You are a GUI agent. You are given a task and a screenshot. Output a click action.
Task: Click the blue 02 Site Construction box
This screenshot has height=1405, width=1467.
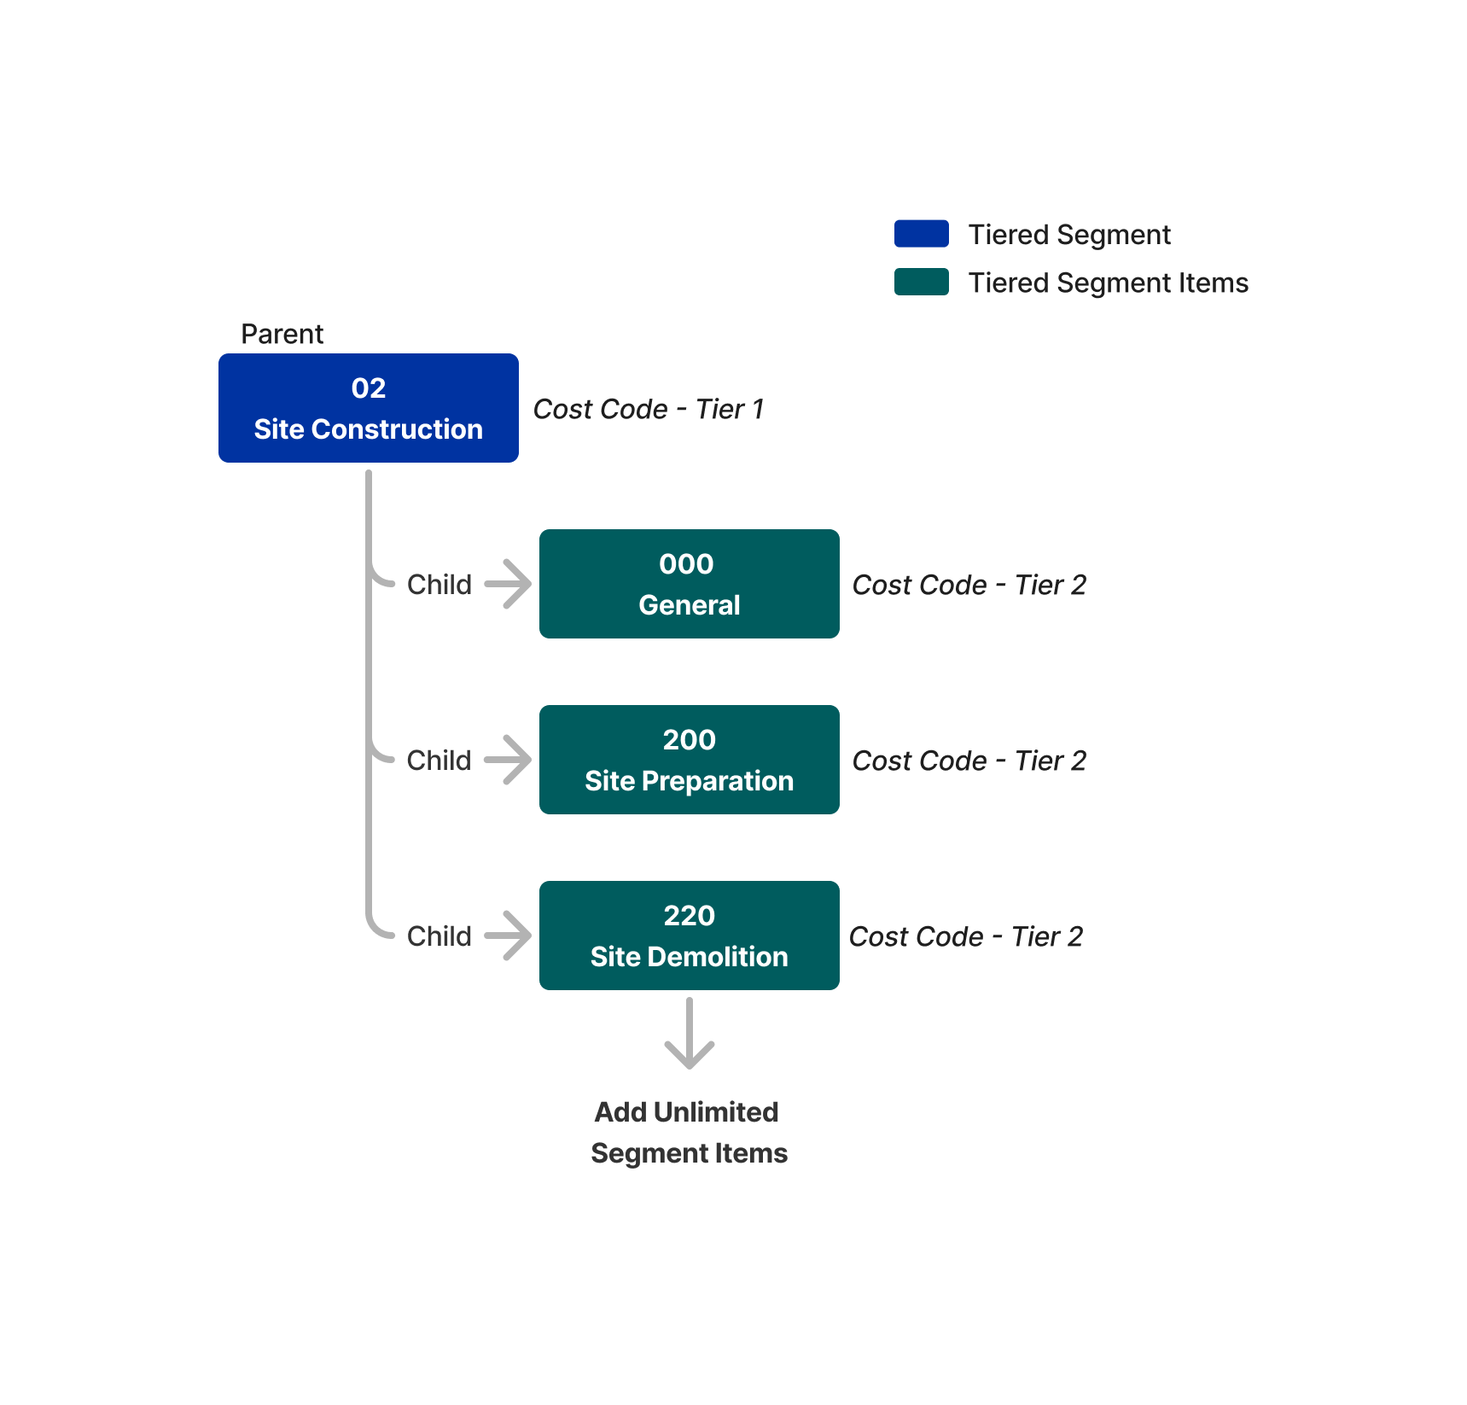tap(368, 408)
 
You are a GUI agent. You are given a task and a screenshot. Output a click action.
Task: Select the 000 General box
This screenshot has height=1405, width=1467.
tap(689, 584)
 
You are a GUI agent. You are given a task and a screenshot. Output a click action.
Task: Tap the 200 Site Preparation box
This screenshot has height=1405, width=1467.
tap(689, 760)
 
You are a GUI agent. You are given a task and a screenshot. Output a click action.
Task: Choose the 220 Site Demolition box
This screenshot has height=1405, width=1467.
tap(689, 936)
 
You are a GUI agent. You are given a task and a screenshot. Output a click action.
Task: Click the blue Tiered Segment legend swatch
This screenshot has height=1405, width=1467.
tap(921, 233)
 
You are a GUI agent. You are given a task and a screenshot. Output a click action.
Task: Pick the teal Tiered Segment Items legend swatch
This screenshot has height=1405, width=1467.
tap(921, 282)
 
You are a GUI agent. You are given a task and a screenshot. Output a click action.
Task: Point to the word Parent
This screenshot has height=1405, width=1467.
tap(282, 334)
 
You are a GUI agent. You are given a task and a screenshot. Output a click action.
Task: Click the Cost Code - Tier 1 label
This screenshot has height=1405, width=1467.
tap(648, 409)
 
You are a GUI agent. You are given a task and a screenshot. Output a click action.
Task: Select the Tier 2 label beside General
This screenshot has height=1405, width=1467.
tap(969, 585)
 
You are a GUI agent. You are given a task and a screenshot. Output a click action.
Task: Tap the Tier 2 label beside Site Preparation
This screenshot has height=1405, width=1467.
tap(969, 761)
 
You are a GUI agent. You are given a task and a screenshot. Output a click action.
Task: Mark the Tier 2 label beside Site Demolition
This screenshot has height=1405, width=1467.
tap(965, 936)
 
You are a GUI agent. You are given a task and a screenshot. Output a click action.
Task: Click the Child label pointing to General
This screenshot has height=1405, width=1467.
tap(439, 585)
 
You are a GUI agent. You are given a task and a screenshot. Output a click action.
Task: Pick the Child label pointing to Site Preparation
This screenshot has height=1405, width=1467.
tap(439, 761)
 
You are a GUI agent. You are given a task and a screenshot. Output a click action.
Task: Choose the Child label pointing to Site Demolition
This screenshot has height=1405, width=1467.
tap(439, 936)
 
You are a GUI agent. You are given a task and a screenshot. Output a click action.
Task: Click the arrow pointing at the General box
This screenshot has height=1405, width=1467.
tap(509, 584)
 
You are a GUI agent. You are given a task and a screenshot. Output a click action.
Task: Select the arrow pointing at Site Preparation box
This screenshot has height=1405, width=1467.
tap(509, 760)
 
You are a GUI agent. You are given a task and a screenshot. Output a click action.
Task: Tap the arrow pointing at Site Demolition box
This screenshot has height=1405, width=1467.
tap(509, 936)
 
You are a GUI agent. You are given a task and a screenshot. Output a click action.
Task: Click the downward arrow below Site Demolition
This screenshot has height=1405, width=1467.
tap(689, 1035)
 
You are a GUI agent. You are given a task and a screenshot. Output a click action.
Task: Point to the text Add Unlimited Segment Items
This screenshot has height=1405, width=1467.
tap(689, 1132)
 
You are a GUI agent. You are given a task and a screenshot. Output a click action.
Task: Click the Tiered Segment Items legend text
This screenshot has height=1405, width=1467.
tap(1108, 283)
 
